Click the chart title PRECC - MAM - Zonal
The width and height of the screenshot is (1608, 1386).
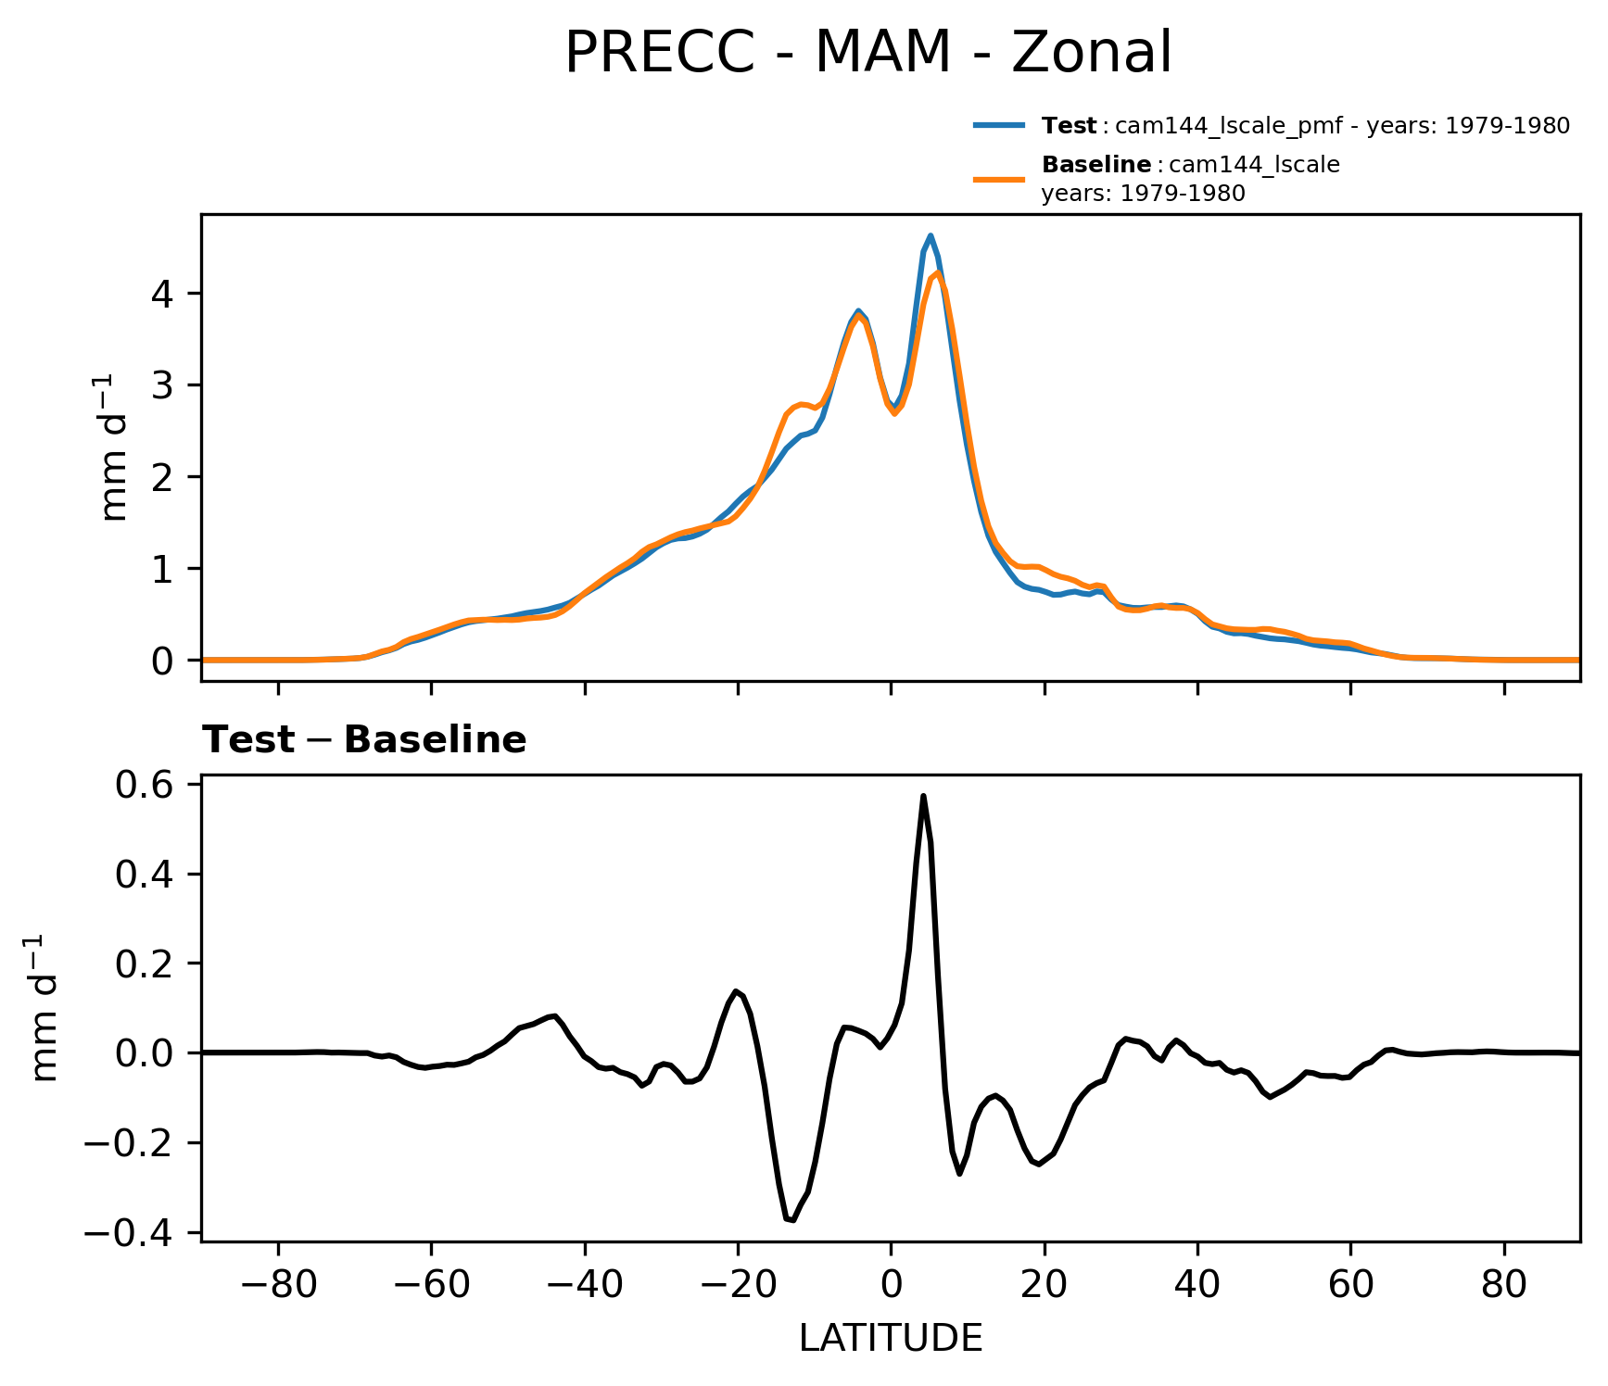pyautogui.click(x=867, y=53)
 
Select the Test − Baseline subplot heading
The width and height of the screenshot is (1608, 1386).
pyautogui.click(x=364, y=740)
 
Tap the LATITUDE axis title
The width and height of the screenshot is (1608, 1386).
pyautogui.click(x=891, y=1339)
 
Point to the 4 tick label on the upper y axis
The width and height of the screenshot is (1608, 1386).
pyautogui.click(x=163, y=294)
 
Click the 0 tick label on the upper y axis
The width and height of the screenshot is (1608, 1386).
pyautogui.click(x=163, y=661)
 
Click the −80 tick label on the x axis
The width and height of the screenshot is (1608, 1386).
pyautogui.click(x=278, y=1285)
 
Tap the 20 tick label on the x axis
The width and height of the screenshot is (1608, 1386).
pyautogui.click(x=1045, y=1285)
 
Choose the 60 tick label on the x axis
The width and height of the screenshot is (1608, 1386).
pyautogui.click(x=1350, y=1285)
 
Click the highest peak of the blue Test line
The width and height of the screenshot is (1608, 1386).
pyautogui.click(x=931, y=235)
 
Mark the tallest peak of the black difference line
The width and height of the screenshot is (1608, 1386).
pyautogui.click(x=923, y=796)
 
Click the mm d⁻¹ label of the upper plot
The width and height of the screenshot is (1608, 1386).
pyautogui.click(x=115, y=447)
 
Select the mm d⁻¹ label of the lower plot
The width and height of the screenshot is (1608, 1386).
pyautogui.click(x=44, y=1007)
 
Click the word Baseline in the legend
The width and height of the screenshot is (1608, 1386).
pyautogui.click(x=1096, y=165)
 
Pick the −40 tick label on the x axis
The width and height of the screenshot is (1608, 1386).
pyautogui.click(x=584, y=1285)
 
